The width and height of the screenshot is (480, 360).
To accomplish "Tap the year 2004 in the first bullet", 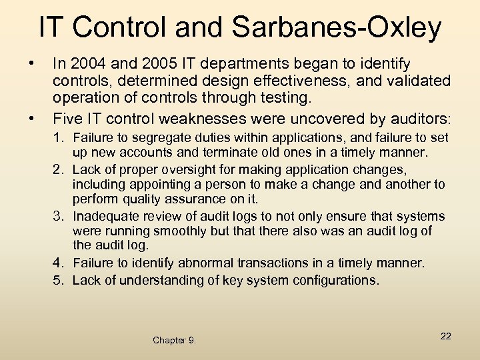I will pos(82,64).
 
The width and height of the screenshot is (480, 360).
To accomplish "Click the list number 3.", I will pos(59,216).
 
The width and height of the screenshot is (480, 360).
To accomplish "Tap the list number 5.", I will pos(59,280).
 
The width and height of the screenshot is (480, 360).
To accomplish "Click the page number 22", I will pos(445,336).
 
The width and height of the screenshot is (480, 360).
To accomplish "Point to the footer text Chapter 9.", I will pos(174,340).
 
